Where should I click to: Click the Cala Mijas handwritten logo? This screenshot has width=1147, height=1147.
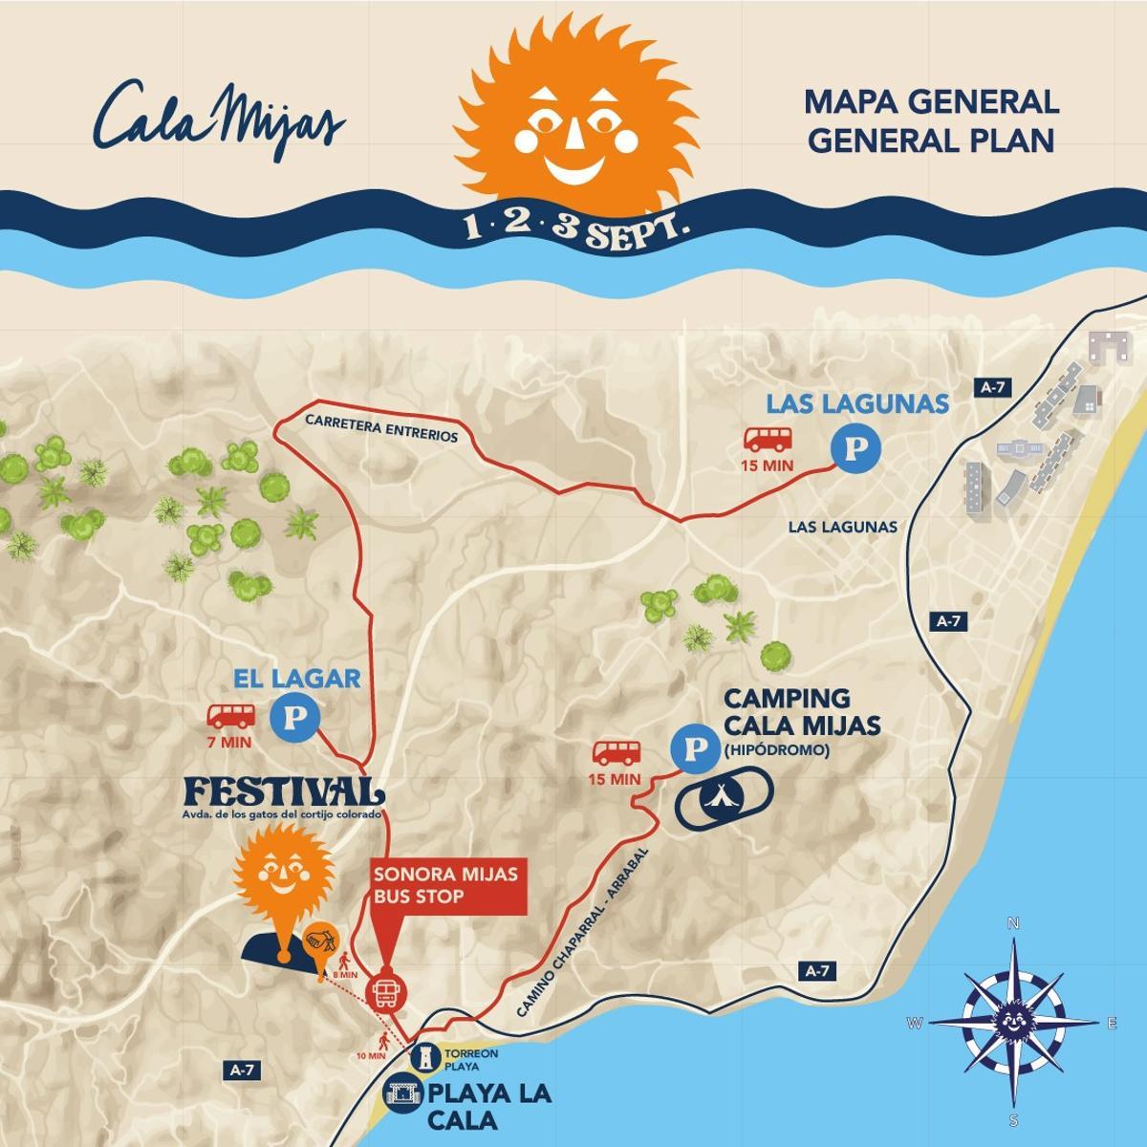pyautogui.click(x=220, y=118)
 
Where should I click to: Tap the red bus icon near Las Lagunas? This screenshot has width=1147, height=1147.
pyautogui.click(x=768, y=439)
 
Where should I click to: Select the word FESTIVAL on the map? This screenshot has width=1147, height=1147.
pyautogui.click(x=283, y=792)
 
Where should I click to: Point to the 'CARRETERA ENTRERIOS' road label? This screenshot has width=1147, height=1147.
pyautogui.click(x=381, y=427)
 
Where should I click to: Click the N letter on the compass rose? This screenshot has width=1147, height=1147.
pyautogui.click(x=1013, y=922)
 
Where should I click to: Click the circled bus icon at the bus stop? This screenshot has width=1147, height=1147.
pyautogui.click(x=386, y=993)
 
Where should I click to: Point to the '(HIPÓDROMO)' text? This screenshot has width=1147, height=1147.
pyautogui.click(x=776, y=751)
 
